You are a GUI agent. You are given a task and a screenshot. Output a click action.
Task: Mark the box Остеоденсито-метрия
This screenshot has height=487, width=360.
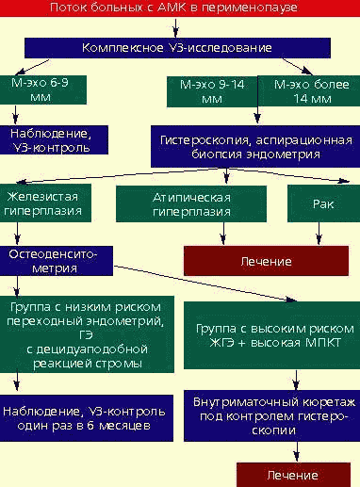(61, 261)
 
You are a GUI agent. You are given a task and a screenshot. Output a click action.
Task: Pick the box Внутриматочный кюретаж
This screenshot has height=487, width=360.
(270, 420)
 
